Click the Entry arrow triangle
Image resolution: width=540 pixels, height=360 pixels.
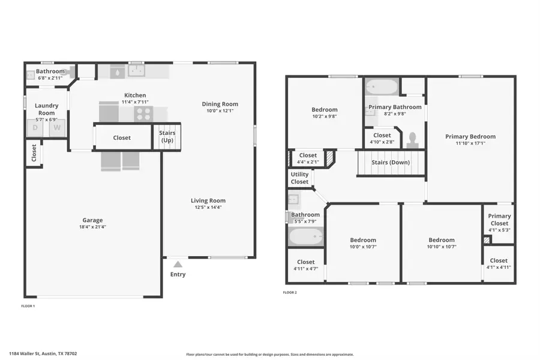coord(178,264)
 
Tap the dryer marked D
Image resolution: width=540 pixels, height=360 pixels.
coord(35,128)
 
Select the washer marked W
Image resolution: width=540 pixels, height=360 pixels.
coord(57,128)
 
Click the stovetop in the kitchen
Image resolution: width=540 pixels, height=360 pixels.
coord(143,113)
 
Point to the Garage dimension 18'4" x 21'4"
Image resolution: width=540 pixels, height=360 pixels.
coord(92,227)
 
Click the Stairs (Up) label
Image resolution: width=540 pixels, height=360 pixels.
coord(167,136)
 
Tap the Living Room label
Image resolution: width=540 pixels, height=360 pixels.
coord(208,200)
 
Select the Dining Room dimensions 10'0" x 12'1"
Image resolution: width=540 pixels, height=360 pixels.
coord(220,110)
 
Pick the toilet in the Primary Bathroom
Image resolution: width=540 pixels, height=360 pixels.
coord(412,140)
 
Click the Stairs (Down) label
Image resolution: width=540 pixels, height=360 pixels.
coord(391,162)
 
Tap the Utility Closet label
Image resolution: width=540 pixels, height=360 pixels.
coord(299,178)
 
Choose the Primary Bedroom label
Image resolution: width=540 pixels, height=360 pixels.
coord(470,136)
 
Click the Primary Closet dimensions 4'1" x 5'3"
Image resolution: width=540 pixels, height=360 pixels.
coord(499,230)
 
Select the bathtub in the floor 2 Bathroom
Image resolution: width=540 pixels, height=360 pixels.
coord(306,236)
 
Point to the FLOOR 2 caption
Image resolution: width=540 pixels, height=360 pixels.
coord(290,292)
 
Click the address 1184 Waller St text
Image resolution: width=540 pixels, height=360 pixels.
coord(25,353)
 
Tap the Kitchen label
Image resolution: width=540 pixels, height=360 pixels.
coord(135,95)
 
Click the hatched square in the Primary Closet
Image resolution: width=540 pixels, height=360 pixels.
coord(487,240)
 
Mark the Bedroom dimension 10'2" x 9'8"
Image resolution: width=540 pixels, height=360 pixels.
coord(325,116)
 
